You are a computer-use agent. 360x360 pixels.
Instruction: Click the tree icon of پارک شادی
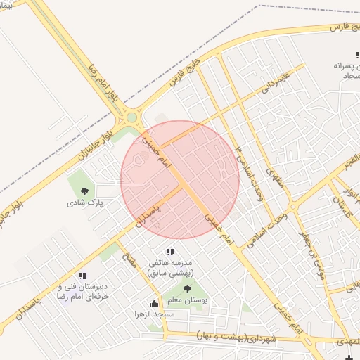[85, 191]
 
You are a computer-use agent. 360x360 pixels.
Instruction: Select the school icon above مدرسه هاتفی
[169, 252]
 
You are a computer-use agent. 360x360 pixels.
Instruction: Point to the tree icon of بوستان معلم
[187, 288]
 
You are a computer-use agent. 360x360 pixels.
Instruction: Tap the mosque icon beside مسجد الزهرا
[154, 303]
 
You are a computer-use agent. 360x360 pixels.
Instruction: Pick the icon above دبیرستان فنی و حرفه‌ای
[82, 276]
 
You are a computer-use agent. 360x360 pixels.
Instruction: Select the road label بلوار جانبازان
[86, 141]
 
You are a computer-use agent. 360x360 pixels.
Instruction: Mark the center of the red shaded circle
[180, 179]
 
